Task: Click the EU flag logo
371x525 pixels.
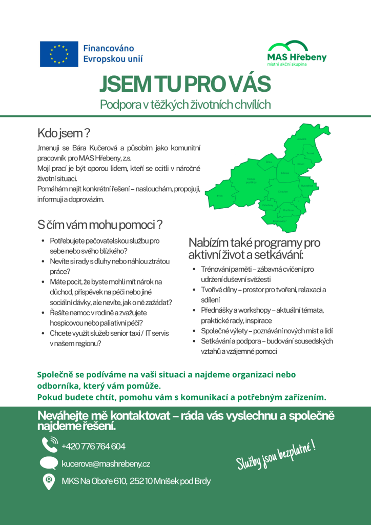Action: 59,54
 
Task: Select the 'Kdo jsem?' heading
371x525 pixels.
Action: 64,133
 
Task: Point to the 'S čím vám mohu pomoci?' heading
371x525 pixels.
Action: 100,225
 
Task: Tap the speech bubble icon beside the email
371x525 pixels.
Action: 49,463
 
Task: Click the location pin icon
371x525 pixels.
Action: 49,481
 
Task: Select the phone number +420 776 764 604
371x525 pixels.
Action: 93,446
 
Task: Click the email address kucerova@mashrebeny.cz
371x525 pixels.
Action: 106,464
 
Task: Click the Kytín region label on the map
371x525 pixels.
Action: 220,196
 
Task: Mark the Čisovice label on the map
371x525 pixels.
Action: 283,191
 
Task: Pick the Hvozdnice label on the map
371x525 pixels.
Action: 306,186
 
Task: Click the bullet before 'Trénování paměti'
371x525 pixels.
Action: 193,269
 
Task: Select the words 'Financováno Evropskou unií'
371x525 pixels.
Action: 113,54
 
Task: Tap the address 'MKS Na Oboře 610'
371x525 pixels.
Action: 94,481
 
